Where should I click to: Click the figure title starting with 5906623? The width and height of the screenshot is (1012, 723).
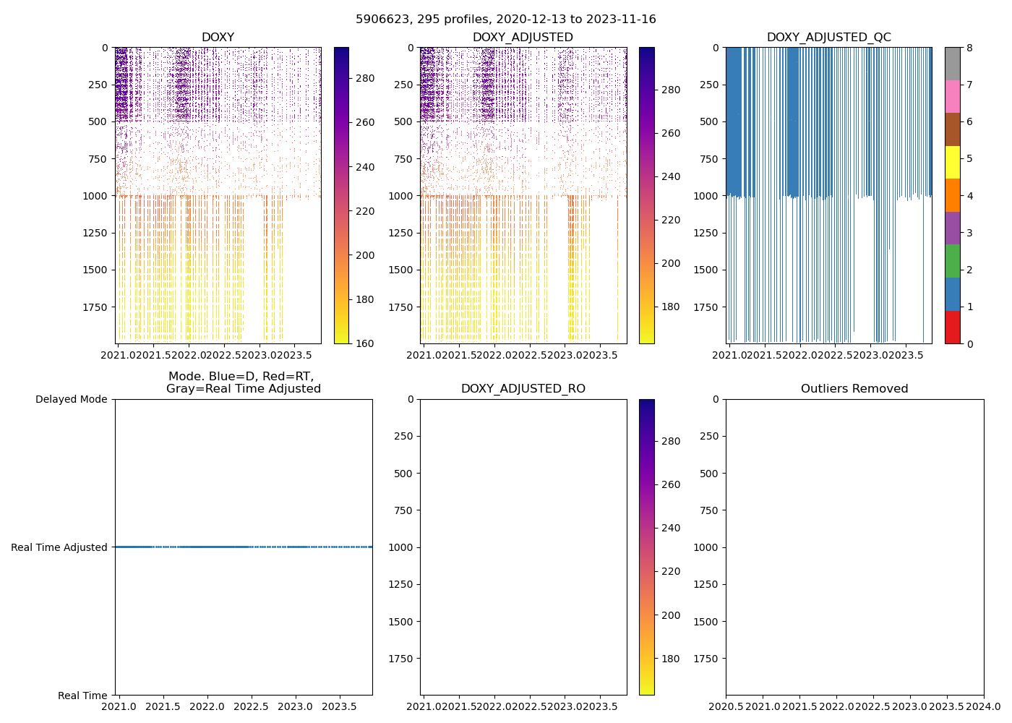pos(505,20)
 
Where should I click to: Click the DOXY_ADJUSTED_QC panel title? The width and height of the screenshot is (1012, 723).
pos(828,38)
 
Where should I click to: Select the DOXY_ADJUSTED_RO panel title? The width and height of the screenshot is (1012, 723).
pos(523,389)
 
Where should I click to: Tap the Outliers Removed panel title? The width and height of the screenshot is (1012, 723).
pos(854,389)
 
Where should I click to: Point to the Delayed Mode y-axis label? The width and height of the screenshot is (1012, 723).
pos(71,399)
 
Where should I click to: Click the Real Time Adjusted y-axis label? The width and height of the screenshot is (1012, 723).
pos(59,547)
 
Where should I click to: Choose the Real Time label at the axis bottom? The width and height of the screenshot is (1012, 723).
pos(82,696)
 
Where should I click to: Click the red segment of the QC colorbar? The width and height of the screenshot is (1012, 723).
pos(953,327)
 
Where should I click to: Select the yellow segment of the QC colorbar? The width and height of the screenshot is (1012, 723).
pos(953,162)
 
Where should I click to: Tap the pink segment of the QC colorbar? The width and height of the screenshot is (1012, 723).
pos(953,96)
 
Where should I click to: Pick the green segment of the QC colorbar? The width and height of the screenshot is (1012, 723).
pos(953,261)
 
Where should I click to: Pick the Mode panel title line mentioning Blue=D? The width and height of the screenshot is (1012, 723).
pos(241,377)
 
